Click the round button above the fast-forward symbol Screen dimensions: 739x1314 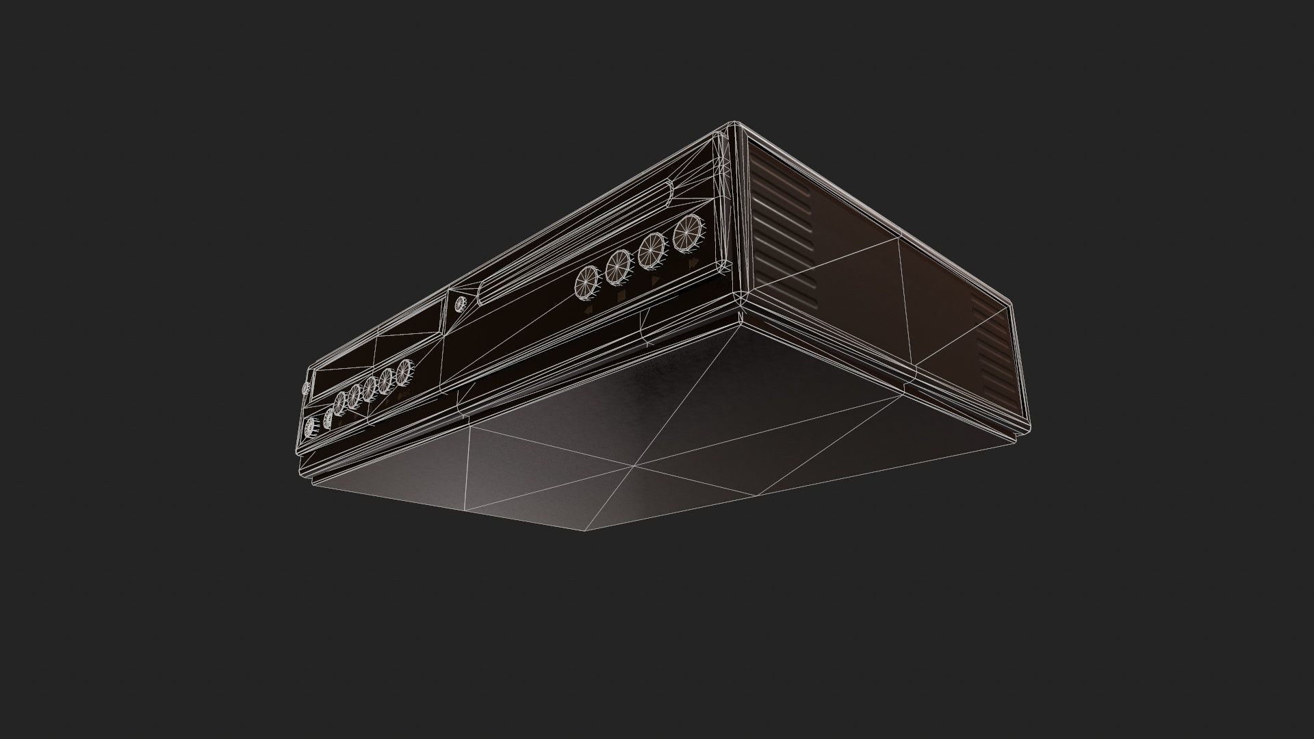(687, 233)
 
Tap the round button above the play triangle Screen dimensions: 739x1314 (651, 250)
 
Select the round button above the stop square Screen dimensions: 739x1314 (617, 267)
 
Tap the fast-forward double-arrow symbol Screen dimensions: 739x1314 (693, 263)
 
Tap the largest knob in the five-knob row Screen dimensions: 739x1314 (403, 372)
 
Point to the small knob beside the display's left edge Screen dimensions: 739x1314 (305, 388)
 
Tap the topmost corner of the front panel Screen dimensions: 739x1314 (731, 125)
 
